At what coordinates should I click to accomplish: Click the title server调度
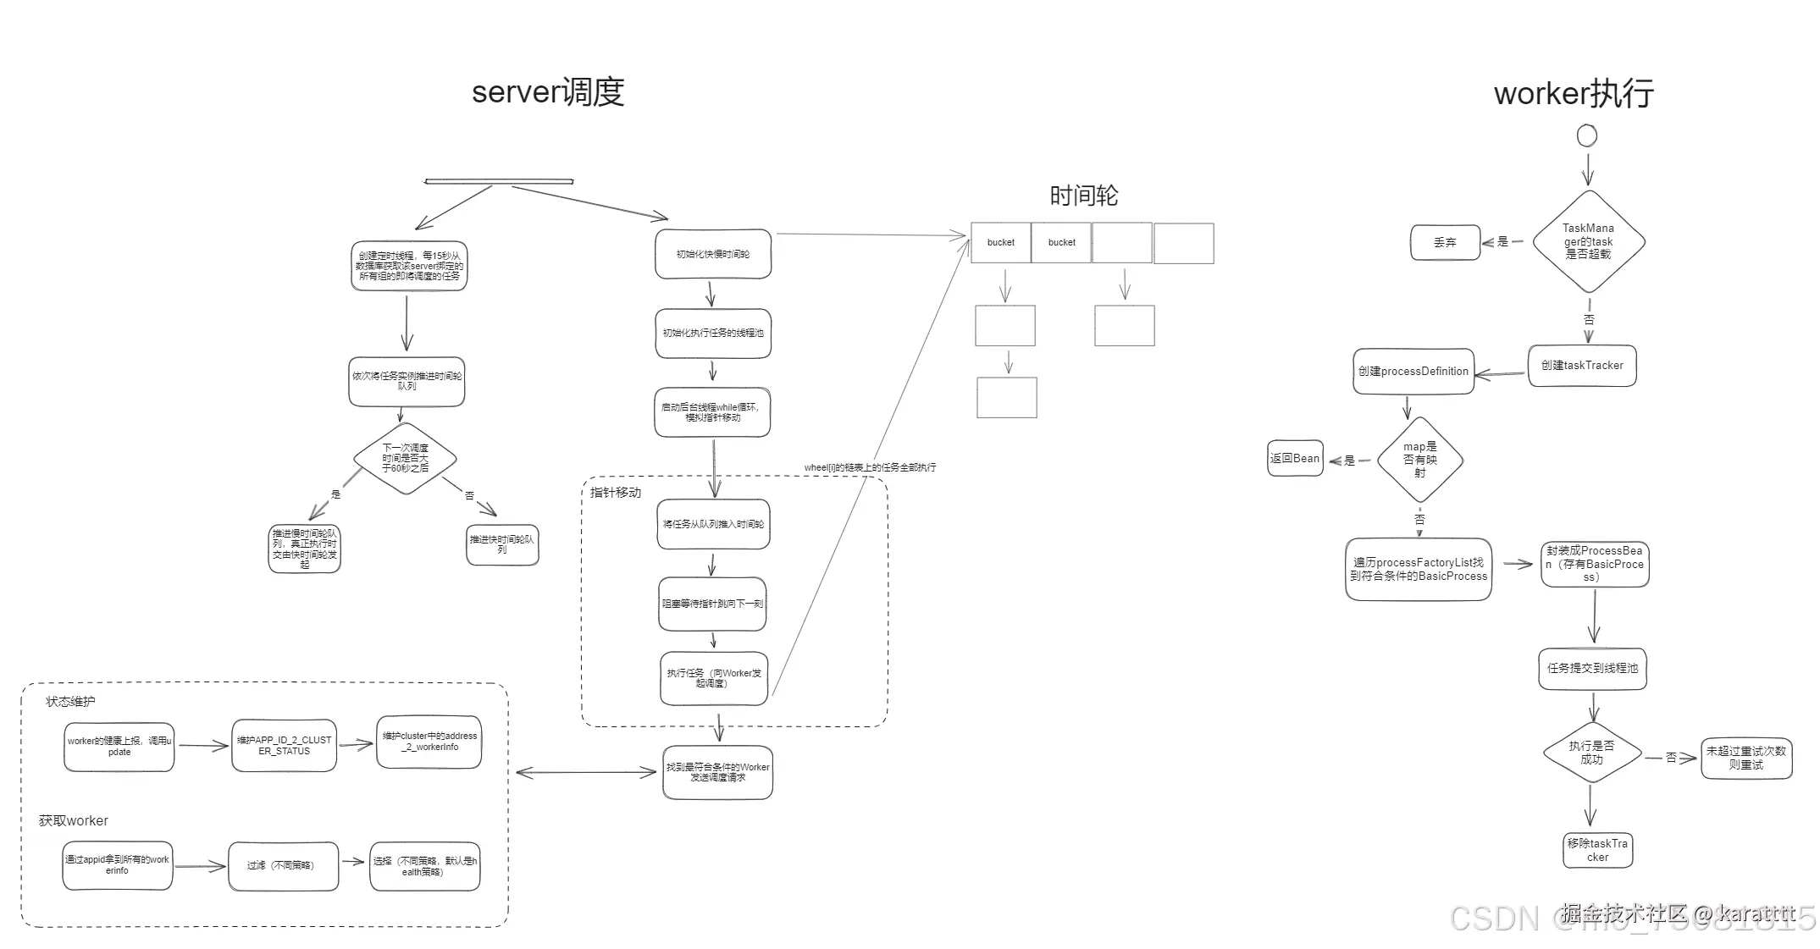click(548, 92)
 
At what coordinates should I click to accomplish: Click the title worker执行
click(1574, 93)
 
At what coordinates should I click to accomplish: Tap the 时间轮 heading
click(1083, 196)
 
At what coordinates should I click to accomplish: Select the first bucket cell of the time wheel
click(1000, 243)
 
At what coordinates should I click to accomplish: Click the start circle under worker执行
click(1587, 135)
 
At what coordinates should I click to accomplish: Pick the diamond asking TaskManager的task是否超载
click(1588, 241)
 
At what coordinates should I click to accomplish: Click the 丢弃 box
click(1445, 242)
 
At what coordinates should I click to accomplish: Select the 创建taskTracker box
click(1582, 366)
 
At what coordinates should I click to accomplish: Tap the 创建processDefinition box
click(1413, 372)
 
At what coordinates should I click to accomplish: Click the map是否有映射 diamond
click(1419, 460)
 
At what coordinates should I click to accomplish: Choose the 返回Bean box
click(1295, 459)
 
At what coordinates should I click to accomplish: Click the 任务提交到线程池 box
click(1592, 669)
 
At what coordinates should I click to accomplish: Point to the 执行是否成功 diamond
click(1591, 753)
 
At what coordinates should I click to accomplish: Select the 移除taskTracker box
click(1597, 850)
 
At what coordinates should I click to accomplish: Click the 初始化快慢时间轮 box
click(713, 254)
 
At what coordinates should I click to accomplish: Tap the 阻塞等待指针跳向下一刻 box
click(712, 604)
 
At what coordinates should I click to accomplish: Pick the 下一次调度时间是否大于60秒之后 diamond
click(406, 458)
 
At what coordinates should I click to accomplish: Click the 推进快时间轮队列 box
click(502, 544)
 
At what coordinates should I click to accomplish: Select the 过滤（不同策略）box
click(283, 866)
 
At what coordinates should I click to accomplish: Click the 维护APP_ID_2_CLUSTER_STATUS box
click(285, 746)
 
